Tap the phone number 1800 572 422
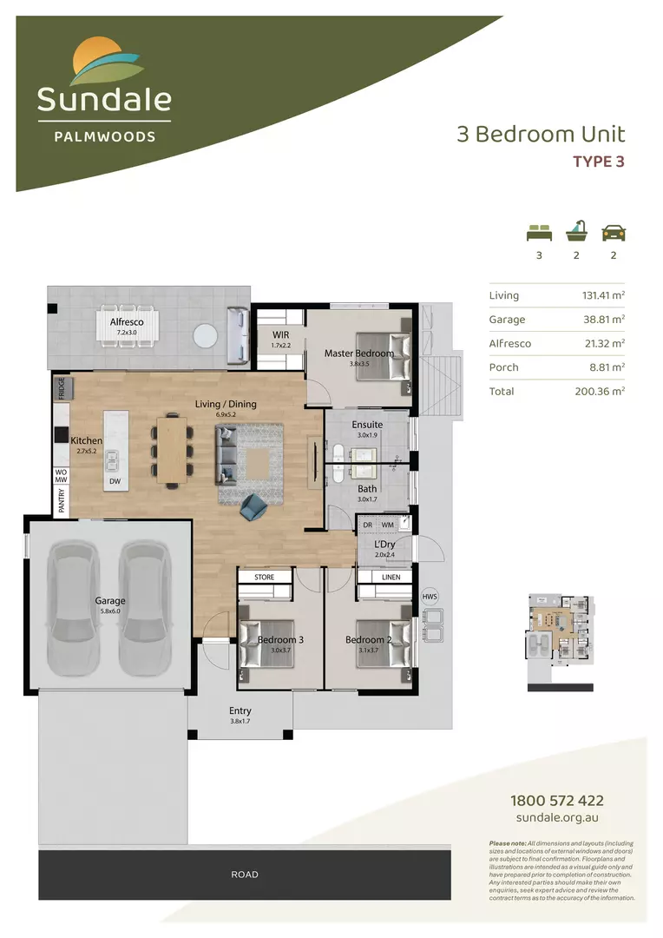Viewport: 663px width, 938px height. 558,801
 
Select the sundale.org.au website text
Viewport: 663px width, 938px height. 558,818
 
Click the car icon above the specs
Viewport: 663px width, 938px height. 614,233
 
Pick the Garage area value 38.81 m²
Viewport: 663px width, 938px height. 603,320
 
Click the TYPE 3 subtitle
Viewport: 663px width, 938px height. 599,162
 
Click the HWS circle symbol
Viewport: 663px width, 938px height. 429,597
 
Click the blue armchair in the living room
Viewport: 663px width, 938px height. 254,508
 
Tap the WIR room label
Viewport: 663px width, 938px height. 280,335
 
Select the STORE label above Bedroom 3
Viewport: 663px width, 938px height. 264,577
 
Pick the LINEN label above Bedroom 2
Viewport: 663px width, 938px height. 391,577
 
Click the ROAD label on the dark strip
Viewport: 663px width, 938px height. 245,874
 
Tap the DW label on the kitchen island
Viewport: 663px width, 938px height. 115,481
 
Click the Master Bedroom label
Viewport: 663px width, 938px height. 358,353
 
